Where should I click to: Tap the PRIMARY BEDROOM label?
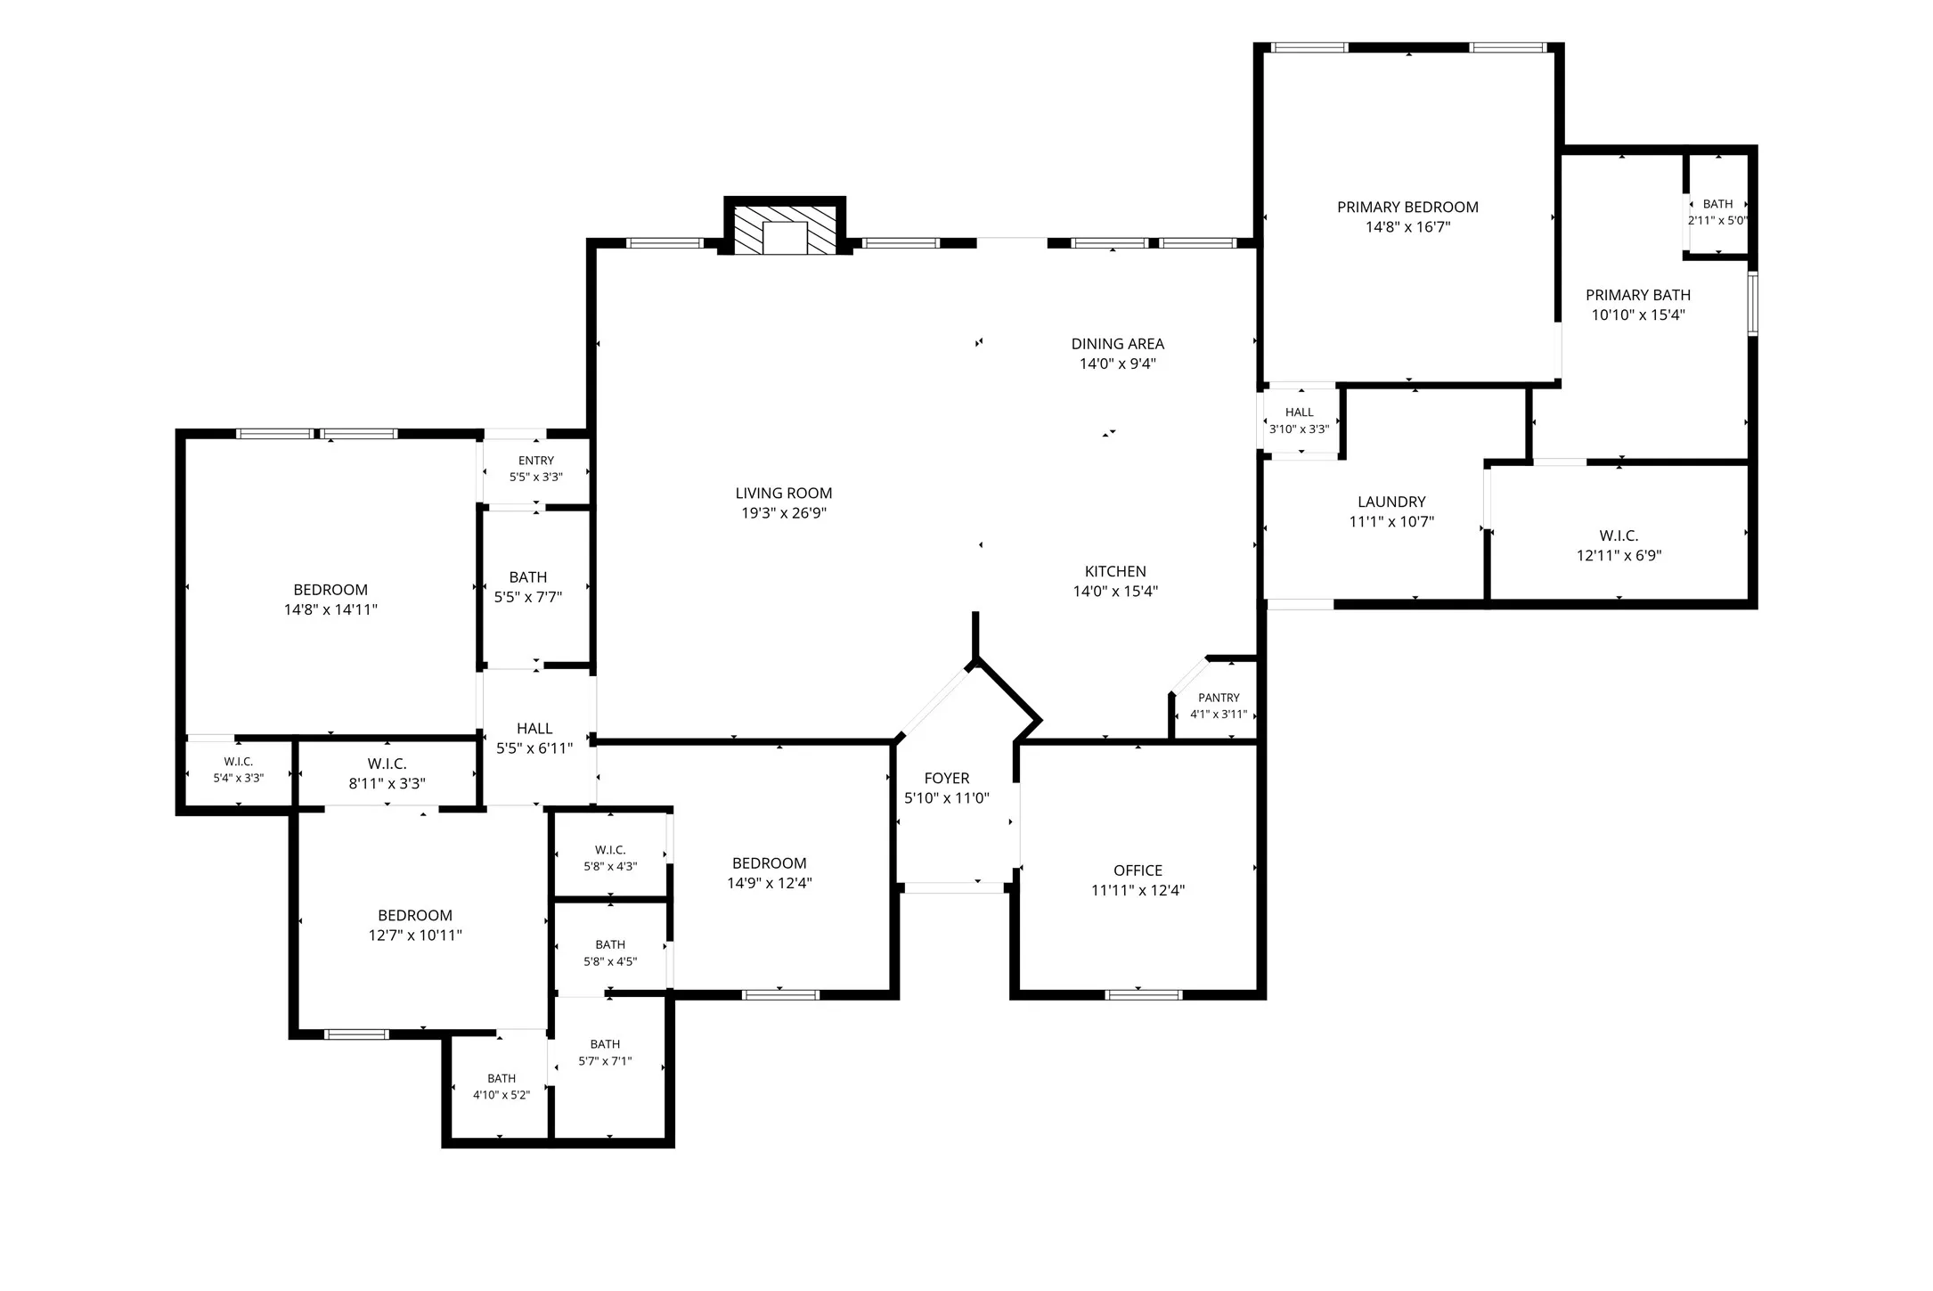pyautogui.click(x=1407, y=207)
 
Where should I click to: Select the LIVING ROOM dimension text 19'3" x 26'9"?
pyautogui.click(x=784, y=512)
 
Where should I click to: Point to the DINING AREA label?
pyautogui.click(x=1117, y=344)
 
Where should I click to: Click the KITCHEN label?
pyautogui.click(x=1115, y=571)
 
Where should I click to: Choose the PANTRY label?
pyautogui.click(x=1219, y=698)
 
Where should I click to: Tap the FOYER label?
pyautogui.click(x=947, y=778)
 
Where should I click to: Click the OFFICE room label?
pyautogui.click(x=1138, y=870)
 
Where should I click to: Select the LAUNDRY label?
pyautogui.click(x=1391, y=502)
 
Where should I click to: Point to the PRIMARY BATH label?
pyautogui.click(x=1638, y=295)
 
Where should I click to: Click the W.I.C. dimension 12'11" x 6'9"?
pyautogui.click(x=1619, y=555)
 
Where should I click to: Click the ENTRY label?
pyautogui.click(x=536, y=461)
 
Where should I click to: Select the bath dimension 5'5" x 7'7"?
pyautogui.click(x=528, y=597)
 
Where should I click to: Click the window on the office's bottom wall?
pyautogui.click(x=1143, y=994)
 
